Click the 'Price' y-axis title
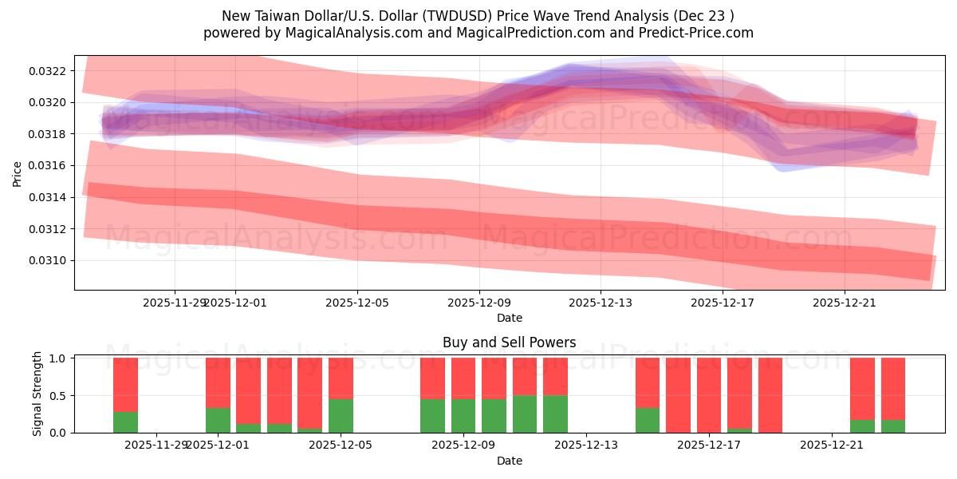pos(18,172)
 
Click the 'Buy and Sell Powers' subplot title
pos(509,342)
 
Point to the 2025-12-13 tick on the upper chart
pos(601,303)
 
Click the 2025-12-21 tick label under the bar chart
pos(832,445)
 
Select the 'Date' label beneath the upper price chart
pos(509,318)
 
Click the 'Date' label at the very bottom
pos(509,461)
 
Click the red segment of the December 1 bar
pos(218,382)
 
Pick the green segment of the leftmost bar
pos(125,422)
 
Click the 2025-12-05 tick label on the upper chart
pos(357,303)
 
